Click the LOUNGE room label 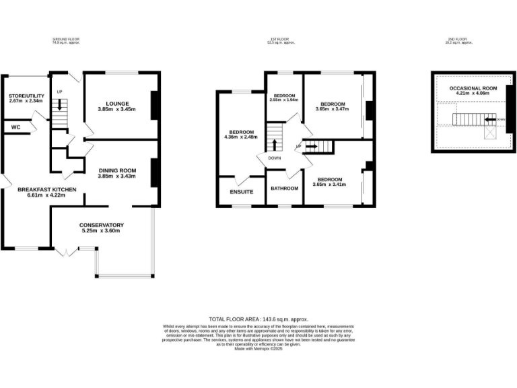coord(117,104)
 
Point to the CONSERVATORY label coord(101,224)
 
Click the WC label coord(15,126)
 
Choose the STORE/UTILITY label coord(27,96)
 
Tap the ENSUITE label coord(242,192)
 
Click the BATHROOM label coord(285,189)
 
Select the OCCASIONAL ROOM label coord(473,88)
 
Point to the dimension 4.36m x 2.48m coord(241,137)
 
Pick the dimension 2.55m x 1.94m coord(283,100)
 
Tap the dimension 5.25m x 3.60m coord(101,230)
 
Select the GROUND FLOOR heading coord(71,40)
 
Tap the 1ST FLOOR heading coord(281,40)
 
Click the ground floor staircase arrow coord(60,104)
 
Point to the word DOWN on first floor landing coord(274,158)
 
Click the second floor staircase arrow coord(497,119)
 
